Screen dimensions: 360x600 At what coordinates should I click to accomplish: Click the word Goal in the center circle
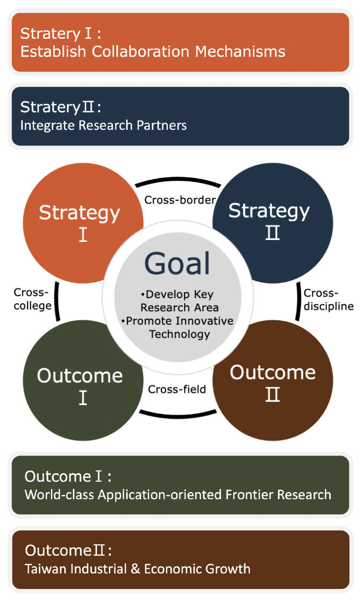click(177, 264)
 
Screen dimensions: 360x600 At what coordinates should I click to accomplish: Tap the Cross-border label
click(180, 200)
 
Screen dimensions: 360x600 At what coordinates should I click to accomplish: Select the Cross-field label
click(177, 389)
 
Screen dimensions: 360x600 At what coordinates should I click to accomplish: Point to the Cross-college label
click(33, 299)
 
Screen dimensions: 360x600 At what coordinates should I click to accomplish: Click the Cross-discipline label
click(329, 300)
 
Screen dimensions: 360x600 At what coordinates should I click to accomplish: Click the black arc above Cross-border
click(178, 179)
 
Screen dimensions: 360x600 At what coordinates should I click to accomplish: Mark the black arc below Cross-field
click(178, 416)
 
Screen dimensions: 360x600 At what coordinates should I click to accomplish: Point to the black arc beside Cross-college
click(56, 301)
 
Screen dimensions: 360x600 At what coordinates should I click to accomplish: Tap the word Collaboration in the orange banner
click(141, 51)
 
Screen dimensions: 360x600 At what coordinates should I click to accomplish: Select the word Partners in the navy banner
click(161, 125)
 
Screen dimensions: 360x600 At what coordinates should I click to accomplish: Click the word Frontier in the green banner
click(249, 494)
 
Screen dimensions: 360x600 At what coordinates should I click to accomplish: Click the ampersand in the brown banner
click(135, 568)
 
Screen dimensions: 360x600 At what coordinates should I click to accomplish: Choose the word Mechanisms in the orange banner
click(240, 51)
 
